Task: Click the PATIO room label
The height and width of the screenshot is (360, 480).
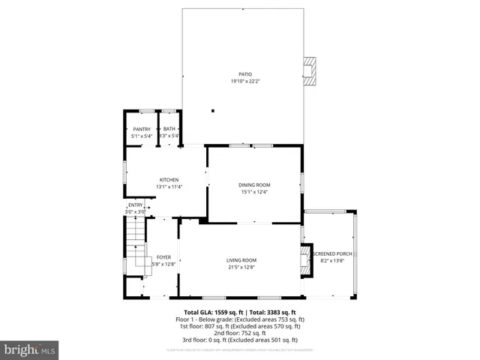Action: click(245, 74)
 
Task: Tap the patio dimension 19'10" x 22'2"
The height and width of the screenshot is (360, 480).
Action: click(245, 81)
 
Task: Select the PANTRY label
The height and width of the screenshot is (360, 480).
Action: click(142, 130)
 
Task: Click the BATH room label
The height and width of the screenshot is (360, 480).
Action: click(169, 130)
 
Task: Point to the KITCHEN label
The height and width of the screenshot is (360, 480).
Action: click(169, 179)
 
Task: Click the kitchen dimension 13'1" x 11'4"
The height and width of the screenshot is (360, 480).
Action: click(169, 186)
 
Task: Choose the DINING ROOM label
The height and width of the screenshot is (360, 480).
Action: click(254, 184)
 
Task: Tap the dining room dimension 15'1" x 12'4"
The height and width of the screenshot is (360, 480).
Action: click(254, 192)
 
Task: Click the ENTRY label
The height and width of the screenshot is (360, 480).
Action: click(135, 205)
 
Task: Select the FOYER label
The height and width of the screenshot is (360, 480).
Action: click(163, 257)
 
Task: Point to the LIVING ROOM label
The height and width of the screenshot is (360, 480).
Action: click(241, 260)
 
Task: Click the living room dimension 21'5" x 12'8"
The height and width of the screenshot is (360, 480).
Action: click(241, 267)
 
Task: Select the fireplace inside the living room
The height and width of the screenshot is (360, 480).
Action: click(304, 261)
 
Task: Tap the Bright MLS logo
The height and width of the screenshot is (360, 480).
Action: click(30, 349)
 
